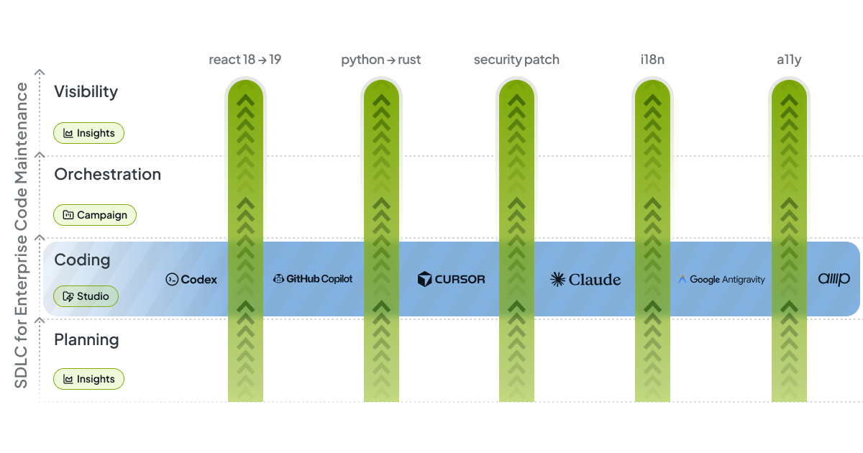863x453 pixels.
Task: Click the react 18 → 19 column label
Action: (245, 60)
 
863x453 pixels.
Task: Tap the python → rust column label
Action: (380, 60)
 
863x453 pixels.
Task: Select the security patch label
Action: (516, 60)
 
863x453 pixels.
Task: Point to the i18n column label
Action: (652, 60)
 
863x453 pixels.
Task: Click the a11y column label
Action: (788, 60)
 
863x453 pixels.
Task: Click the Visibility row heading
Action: (86, 92)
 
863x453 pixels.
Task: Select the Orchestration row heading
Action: (107, 175)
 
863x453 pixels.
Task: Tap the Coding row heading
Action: (82, 260)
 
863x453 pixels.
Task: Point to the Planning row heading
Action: (86, 339)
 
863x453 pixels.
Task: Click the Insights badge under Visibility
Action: (89, 133)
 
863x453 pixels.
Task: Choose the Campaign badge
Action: (95, 215)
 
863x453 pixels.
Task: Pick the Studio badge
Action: (86, 296)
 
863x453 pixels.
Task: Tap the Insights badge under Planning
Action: (89, 379)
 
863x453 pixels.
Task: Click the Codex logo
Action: (191, 280)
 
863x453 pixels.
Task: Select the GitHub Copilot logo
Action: (313, 279)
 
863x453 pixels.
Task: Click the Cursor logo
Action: (451, 279)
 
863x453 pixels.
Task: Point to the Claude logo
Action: (585, 280)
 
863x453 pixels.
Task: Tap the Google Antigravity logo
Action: (721, 280)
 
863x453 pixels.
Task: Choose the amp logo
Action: (834, 279)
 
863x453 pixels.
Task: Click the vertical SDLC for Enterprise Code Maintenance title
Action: (22, 235)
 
